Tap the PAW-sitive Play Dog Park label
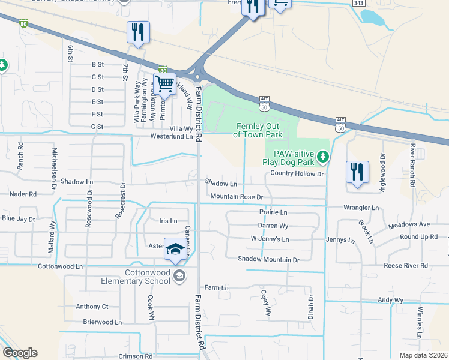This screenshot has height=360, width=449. point(289,158)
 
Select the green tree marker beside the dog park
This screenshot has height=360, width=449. point(324,157)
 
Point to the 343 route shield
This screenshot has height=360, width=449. point(358,3)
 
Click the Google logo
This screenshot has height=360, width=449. point(20,353)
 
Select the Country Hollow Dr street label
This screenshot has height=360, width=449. point(297,173)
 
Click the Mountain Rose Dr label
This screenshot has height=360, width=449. point(237,197)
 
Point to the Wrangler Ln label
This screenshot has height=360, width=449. point(361,208)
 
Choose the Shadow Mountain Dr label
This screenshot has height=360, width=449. point(268,259)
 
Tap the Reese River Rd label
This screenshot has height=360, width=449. point(406,265)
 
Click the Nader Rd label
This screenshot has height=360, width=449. point(23,194)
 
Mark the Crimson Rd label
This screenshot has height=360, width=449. point(135,356)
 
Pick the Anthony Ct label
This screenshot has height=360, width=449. point(92,307)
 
